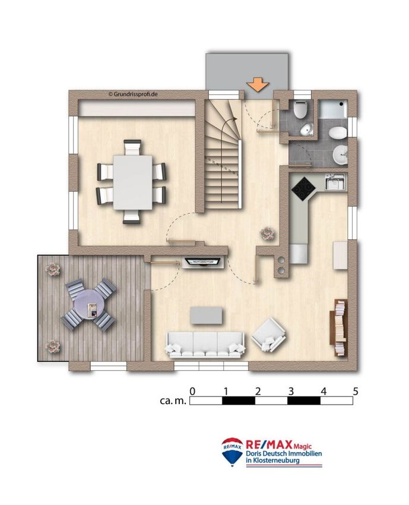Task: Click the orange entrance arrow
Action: point(258,85)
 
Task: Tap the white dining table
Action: point(132,182)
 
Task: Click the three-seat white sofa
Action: point(205,345)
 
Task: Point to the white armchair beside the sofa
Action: point(269,335)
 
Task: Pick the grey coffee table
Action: point(206,315)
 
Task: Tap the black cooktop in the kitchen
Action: point(303,189)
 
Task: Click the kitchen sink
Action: point(335,181)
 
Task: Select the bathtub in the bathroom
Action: point(333,109)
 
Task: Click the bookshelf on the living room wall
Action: point(338,327)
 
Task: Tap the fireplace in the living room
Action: point(202,262)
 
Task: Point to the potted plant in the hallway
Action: point(267,233)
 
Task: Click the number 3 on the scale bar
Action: point(291,392)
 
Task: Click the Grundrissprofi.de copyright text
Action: point(133,94)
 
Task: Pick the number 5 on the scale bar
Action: point(355,392)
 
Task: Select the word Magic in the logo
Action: point(303,446)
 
